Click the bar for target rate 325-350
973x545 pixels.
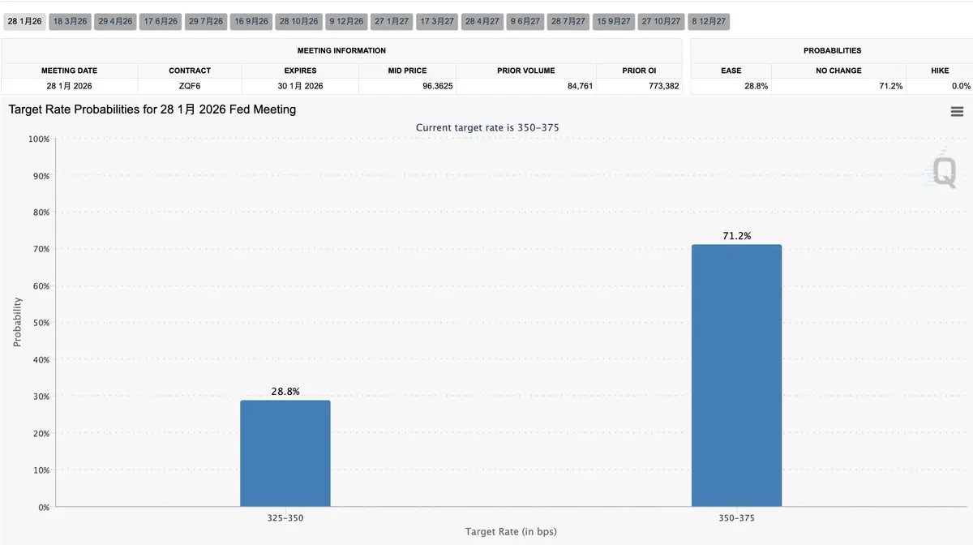coord(285,453)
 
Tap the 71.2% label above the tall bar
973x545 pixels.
coord(736,236)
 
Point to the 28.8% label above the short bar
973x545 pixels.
coord(285,392)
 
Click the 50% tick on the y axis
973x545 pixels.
coord(38,323)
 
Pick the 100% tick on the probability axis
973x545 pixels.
coord(37,139)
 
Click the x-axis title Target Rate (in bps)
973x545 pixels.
coord(511,532)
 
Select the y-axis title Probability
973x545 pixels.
coord(18,322)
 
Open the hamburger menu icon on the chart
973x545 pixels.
coord(957,112)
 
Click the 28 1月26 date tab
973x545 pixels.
coord(24,22)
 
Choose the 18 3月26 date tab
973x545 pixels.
coord(70,22)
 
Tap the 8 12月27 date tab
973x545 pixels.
coord(709,22)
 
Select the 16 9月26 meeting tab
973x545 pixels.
coord(251,22)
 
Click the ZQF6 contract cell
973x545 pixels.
coord(190,86)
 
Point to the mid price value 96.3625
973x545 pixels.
coord(437,86)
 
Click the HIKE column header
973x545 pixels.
coord(940,71)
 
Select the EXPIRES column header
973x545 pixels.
coord(300,71)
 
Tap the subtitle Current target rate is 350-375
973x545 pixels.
coord(487,128)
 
